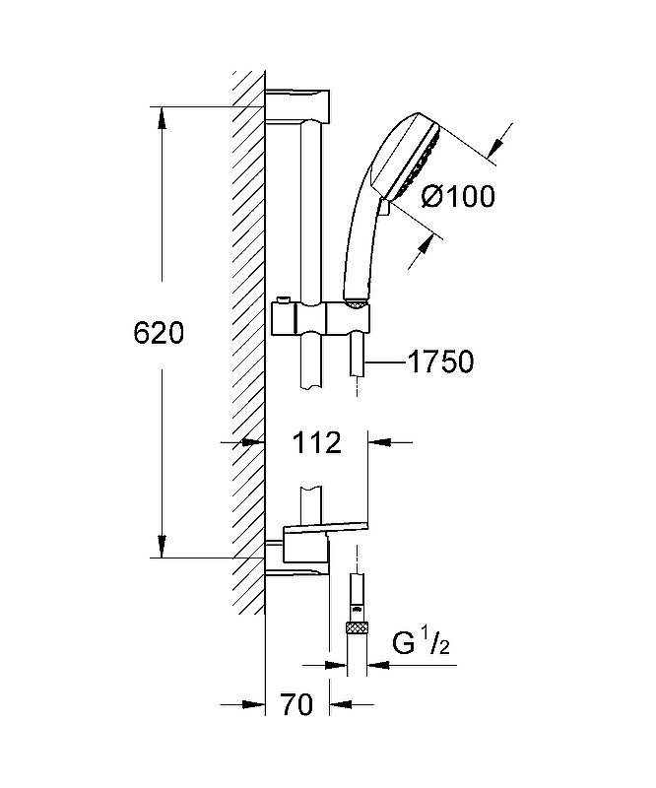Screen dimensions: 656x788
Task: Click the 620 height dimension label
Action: [159, 333]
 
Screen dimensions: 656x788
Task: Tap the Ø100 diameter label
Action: [458, 196]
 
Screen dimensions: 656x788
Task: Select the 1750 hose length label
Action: [441, 361]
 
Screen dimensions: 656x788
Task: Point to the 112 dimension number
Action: [317, 442]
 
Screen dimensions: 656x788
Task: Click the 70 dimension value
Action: [297, 704]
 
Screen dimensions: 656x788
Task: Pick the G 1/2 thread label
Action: [422, 644]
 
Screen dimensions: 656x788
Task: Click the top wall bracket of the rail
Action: [297, 106]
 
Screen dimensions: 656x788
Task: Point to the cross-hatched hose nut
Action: [357, 627]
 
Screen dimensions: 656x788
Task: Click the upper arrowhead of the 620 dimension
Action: [162, 118]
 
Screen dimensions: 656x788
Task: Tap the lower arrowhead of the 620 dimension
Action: [162, 547]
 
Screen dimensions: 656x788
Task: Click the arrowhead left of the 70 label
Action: [253, 704]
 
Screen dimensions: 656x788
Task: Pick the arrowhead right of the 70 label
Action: [342, 704]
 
